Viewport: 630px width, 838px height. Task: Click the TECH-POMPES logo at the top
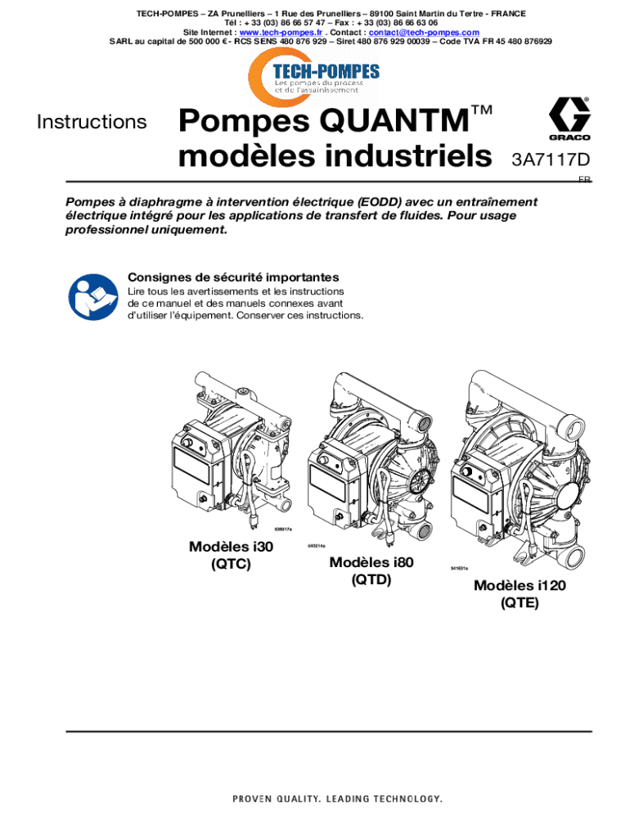(x=315, y=72)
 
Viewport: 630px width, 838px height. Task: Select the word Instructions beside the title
(x=92, y=123)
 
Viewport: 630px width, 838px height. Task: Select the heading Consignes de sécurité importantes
(x=233, y=277)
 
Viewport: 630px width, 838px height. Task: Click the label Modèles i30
(x=230, y=547)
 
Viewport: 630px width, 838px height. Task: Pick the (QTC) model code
(x=230, y=565)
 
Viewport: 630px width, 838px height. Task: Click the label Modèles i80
(x=371, y=562)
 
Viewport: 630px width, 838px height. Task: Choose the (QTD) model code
(x=371, y=579)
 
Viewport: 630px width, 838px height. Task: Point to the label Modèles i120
(x=520, y=586)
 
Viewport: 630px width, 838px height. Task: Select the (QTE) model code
(x=520, y=604)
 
